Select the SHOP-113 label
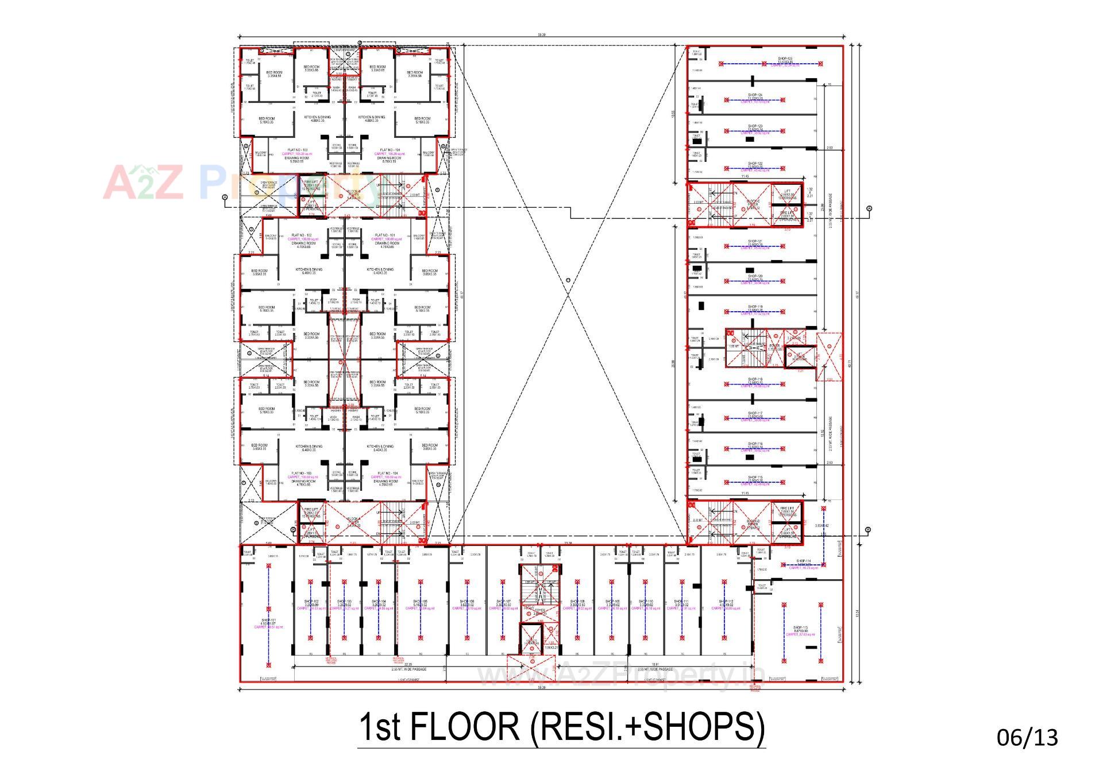[x=800, y=627]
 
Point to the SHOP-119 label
[x=755, y=307]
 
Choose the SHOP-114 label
[x=803, y=561]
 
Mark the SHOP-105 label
[x=421, y=602]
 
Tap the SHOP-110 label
[x=646, y=602]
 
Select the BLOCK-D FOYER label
[x=753, y=524]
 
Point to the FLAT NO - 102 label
[x=302, y=235]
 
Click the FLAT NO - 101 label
[x=384, y=235]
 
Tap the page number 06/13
[x=1027, y=737]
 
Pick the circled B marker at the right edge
[x=867, y=529]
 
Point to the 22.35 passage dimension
[x=408, y=664]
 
